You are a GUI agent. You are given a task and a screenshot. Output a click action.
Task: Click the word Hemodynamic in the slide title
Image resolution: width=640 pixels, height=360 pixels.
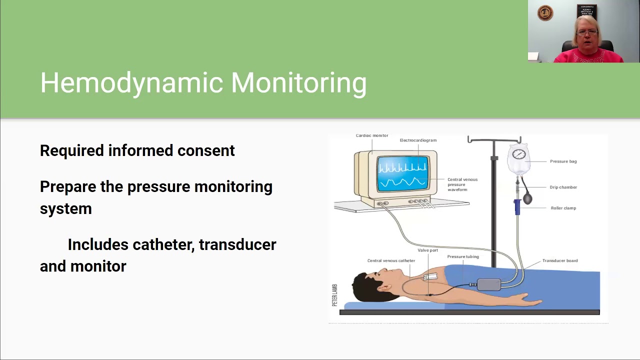pyautogui.click(x=131, y=83)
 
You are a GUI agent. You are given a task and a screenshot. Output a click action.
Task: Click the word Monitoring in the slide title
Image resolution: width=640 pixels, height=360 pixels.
pyautogui.click(x=298, y=83)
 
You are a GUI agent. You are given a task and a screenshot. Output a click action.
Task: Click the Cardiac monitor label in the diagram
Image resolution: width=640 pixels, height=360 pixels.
pyautogui.click(x=371, y=135)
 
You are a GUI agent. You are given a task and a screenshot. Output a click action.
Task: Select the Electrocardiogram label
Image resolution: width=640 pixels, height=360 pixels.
pyautogui.click(x=418, y=140)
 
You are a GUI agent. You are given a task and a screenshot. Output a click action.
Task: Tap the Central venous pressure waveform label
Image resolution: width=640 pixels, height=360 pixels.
pyautogui.click(x=462, y=184)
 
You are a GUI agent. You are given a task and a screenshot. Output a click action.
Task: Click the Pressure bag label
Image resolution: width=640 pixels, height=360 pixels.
pyautogui.click(x=563, y=161)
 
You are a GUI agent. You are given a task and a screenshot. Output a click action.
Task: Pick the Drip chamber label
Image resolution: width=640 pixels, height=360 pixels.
pyautogui.click(x=563, y=187)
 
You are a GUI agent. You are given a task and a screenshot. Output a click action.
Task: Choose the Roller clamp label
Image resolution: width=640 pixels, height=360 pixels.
pyautogui.click(x=563, y=208)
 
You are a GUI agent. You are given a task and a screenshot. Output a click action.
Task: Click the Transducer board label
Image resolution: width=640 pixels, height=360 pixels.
pyautogui.click(x=559, y=260)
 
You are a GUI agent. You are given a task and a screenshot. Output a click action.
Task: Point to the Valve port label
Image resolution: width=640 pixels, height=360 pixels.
pyautogui.click(x=427, y=250)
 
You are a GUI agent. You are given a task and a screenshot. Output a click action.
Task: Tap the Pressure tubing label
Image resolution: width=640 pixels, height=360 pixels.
pyautogui.click(x=462, y=256)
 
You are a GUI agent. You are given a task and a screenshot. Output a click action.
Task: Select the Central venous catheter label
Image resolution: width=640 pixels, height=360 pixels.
pyautogui.click(x=391, y=260)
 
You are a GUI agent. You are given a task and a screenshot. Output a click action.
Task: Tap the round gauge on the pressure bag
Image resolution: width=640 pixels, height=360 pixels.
pyautogui.click(x=519, y=154)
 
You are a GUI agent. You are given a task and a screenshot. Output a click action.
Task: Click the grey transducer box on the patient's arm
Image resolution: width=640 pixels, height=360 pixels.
pyautogui.click(x=488, y=284)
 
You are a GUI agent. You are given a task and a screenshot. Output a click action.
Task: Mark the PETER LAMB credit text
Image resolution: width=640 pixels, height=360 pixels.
pyautogui.click(x=335, y=295)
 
